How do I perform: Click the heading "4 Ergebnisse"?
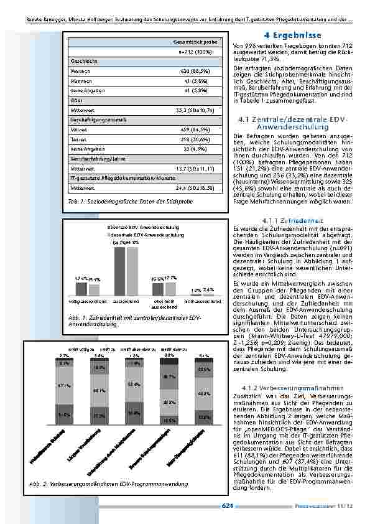coord(292,35)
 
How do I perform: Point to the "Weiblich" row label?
coord(81,71)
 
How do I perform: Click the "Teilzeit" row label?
coord(80,141)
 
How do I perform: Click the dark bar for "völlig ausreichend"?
coord(81,289)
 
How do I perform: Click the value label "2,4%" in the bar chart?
coord(208,289)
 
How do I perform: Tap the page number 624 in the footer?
coord(227,505)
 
